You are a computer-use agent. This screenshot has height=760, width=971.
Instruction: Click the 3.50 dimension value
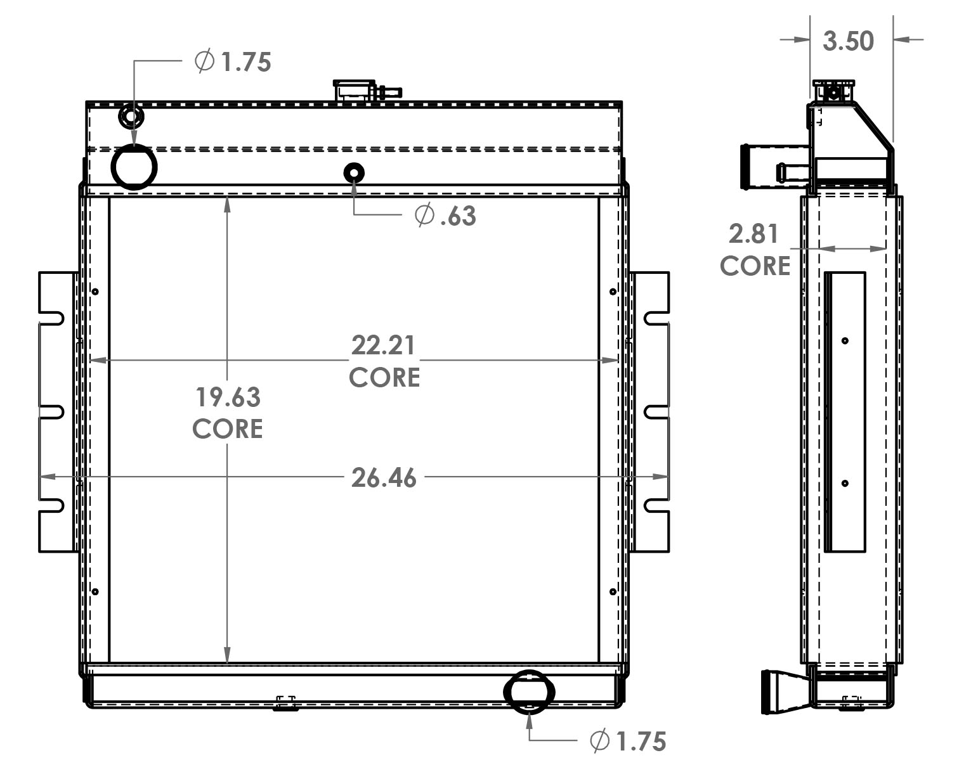pos(848,41)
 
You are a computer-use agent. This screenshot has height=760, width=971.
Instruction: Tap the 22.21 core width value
pos(384,345)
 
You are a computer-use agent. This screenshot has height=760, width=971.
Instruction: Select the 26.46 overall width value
pos(384,477)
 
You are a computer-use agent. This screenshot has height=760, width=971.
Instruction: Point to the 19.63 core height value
pos(228,397)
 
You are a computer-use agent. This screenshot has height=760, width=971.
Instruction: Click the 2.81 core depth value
pos(753,235)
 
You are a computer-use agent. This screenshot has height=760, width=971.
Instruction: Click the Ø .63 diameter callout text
pos(445,216)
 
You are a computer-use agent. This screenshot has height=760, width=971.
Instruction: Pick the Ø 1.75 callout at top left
pos(233,62)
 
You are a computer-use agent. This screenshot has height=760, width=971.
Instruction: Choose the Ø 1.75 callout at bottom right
pos(628,740)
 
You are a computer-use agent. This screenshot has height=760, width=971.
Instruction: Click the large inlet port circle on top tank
pos(134,167)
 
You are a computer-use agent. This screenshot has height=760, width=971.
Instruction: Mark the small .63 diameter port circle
pos(354,172)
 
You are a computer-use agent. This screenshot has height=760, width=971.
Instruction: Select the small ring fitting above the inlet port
pos(131,117)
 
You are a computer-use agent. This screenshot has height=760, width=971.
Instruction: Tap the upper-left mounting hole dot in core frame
pos(95,292)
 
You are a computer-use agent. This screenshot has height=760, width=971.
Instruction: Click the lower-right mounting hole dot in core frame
pos(613,591)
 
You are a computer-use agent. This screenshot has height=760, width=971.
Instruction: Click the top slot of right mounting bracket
pos(656,317)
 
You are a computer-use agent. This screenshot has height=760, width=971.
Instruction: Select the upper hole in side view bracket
pos(845,341)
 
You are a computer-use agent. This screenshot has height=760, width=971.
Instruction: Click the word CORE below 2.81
pos(755,266)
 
